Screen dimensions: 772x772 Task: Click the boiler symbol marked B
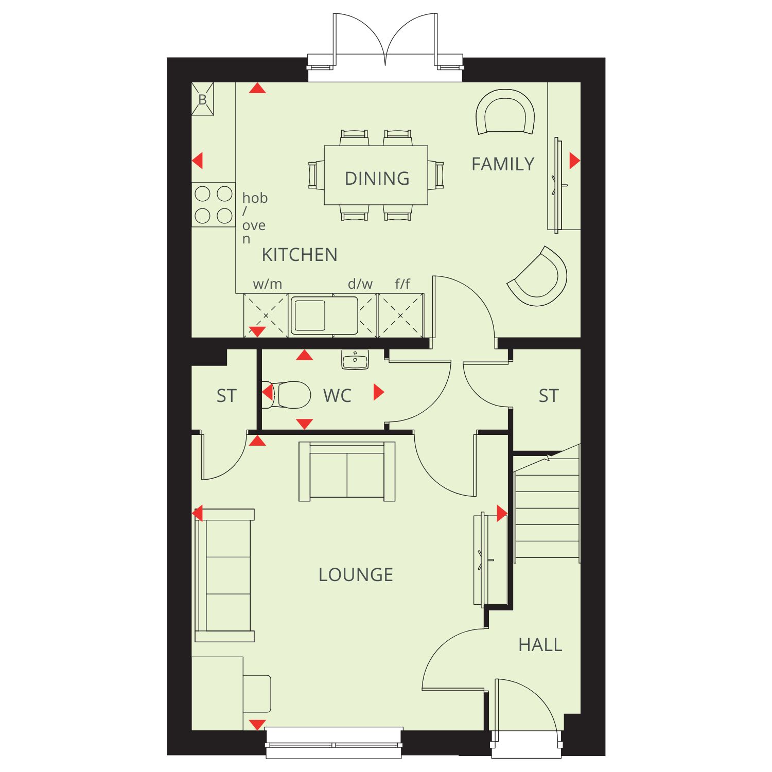203,99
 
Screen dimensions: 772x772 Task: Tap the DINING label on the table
377,179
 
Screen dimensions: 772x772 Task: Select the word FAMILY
503,164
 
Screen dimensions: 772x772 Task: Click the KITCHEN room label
300,255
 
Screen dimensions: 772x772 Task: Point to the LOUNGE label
356,575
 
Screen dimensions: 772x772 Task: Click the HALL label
540,645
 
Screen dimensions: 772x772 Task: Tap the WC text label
337,396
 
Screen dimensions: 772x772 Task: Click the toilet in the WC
286,394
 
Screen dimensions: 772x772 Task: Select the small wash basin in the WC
355,360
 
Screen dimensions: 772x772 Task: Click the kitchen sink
324,315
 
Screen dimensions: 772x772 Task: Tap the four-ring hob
214,205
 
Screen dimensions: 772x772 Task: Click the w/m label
268,284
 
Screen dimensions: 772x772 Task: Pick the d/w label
360,284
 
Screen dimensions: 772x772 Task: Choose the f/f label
402,284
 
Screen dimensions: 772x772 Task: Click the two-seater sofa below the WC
347,471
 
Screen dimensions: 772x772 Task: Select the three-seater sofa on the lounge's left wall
225,575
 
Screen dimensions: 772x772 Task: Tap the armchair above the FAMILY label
505,113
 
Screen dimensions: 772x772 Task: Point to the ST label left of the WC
226,396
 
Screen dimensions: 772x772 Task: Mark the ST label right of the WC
549,396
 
